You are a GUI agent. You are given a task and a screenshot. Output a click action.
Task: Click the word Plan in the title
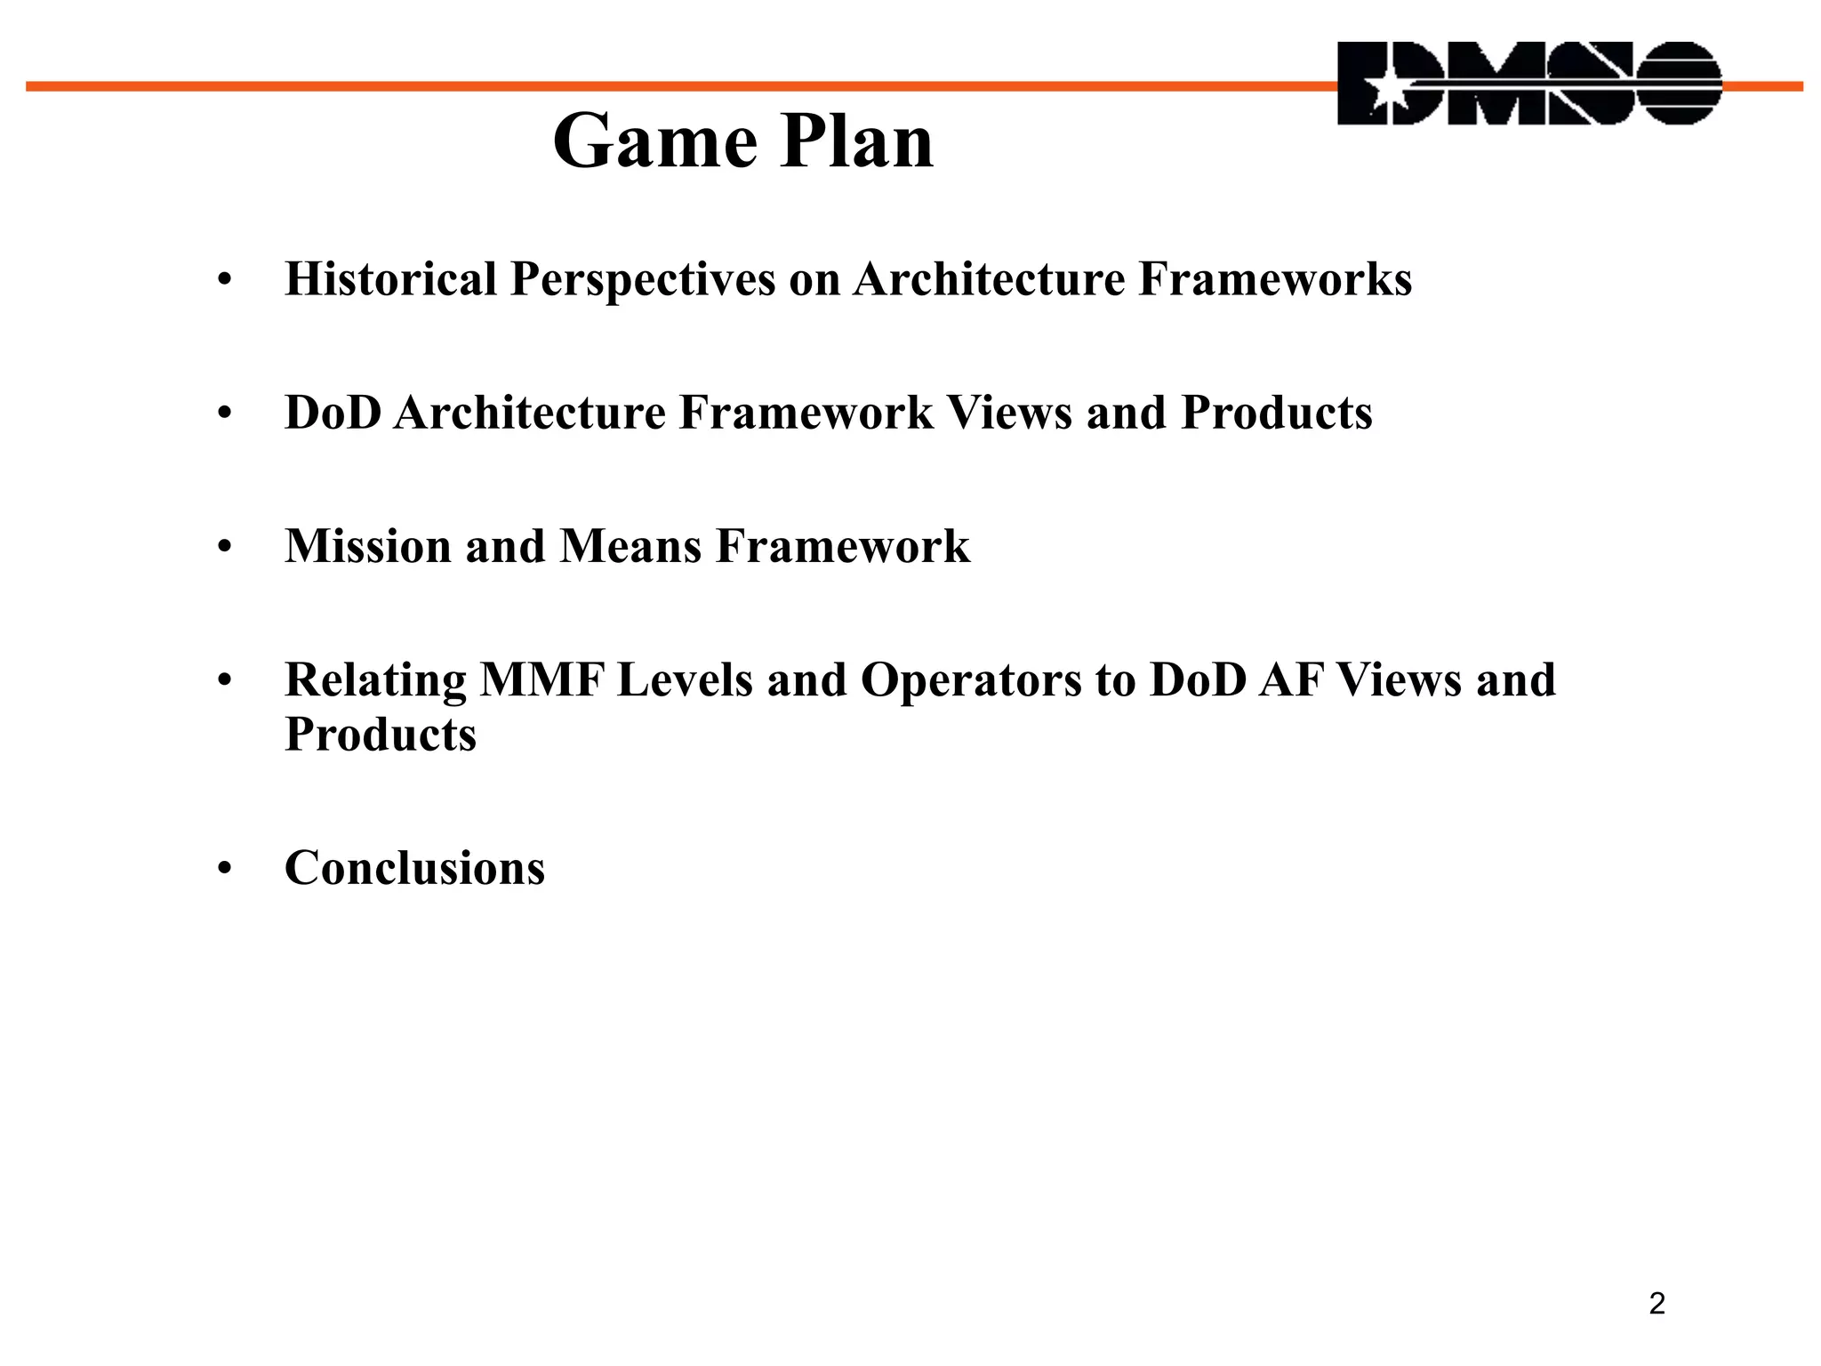[x=857, y=142]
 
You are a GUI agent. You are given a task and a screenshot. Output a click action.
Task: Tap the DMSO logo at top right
[x=1529, y=83]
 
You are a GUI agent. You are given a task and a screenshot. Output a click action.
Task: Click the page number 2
[x=1657, y=1304]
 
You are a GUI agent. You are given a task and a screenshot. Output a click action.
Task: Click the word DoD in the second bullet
[x=332, y=413]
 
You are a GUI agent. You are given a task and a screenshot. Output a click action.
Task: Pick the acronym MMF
[x=541, y=680]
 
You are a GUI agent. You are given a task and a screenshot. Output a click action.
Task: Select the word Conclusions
[x=414, y=868]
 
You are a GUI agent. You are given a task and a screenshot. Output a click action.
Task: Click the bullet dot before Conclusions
[x=224, y=869]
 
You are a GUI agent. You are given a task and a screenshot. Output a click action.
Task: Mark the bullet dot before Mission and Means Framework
[x=224, y=548]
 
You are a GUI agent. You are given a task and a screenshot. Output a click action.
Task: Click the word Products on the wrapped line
[x=381, y=735]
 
